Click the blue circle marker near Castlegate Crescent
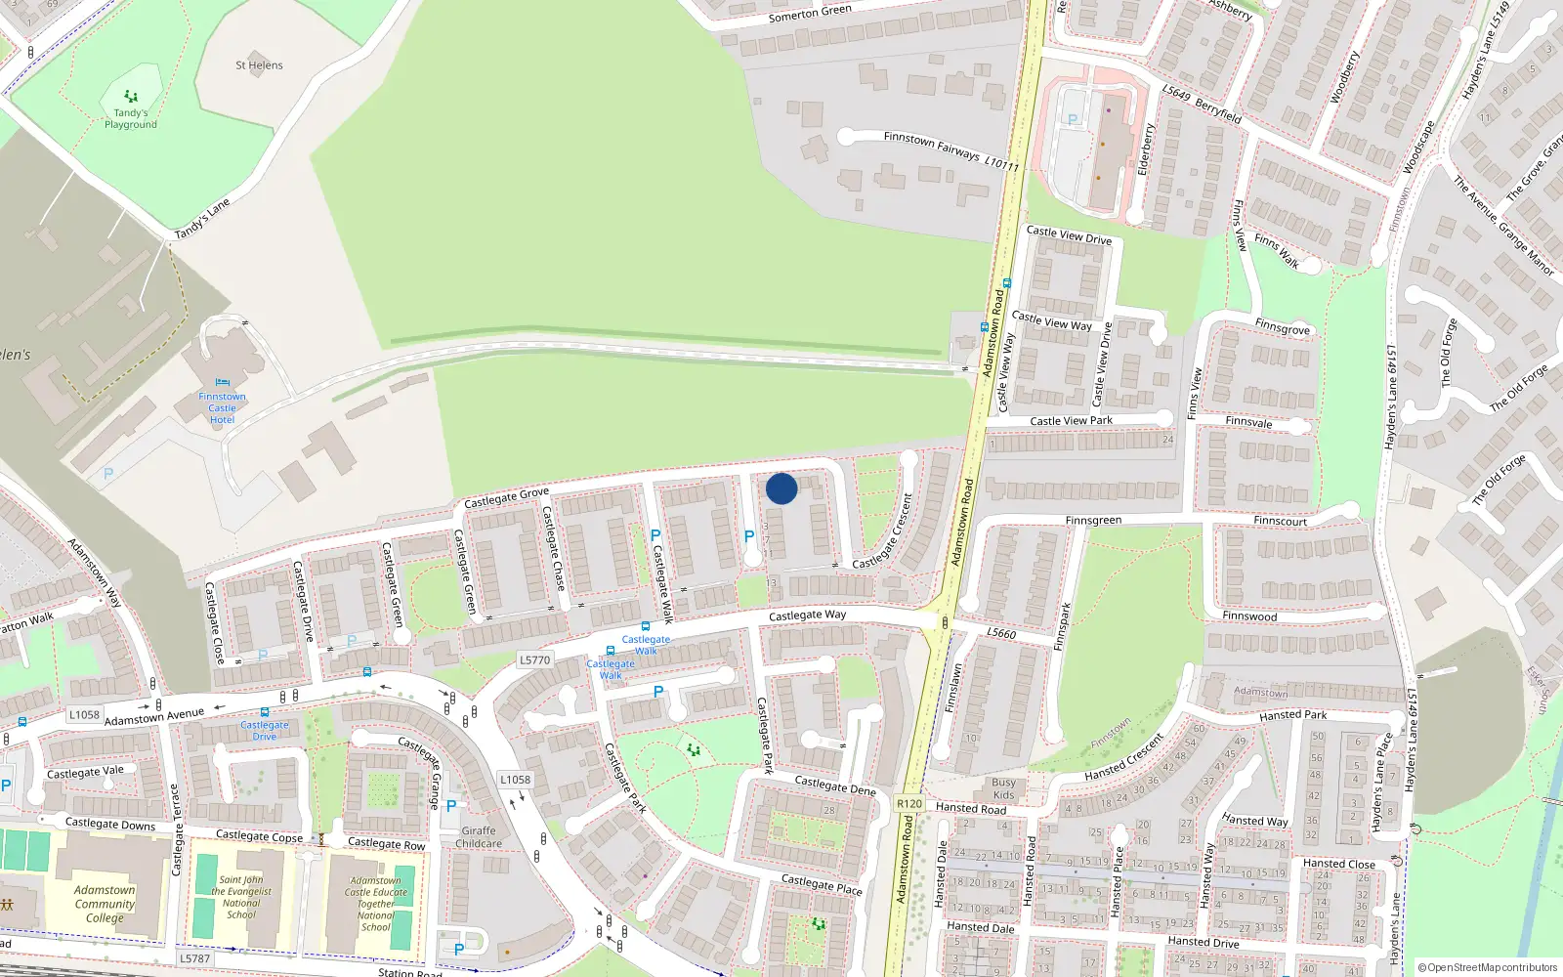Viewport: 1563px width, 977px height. coord(781,488)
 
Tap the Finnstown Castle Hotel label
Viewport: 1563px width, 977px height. coord(222,407)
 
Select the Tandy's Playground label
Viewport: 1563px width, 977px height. coord(131,118)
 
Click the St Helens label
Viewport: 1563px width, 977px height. coord(259,65)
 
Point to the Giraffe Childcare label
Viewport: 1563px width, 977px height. coord(478,837)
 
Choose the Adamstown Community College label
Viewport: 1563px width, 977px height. coord(105,904)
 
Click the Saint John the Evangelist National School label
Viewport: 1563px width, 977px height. coord(241,897)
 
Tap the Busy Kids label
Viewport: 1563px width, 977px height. coord(1003,788)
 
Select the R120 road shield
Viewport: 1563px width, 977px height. coord(908,804)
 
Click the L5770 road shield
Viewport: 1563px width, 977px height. coord(534,660)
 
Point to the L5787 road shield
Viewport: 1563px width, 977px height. coord(194,958)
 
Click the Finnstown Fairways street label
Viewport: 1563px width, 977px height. coord(950,151)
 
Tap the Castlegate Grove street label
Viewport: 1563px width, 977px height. coord(506,498)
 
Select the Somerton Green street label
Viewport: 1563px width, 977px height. coord(810,13)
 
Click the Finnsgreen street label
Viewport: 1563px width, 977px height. coord(1093,521)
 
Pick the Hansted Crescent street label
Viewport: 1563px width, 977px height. coord(1124,758)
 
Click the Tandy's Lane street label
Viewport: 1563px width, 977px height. coord(202,219)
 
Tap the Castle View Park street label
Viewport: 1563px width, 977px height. coord(1071,421)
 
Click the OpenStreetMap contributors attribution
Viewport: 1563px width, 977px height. coord(1487,967)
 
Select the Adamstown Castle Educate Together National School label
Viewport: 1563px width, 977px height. coord(375,904)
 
